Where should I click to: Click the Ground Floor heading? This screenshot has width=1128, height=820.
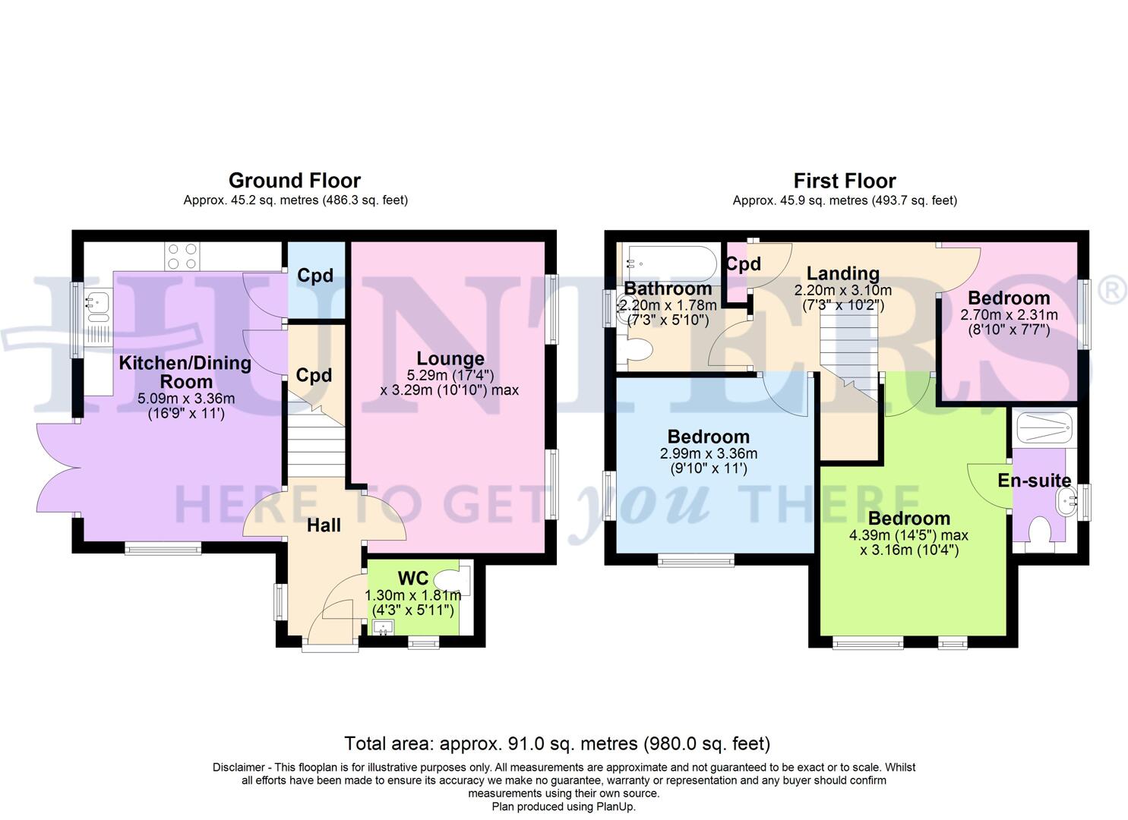point(294,181)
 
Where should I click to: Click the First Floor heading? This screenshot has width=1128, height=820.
point(844,181)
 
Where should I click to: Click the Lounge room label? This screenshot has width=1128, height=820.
point(450,358)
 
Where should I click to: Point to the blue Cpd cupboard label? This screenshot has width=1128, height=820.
point(315,276)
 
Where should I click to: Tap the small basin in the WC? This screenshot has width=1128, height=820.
point(383,627)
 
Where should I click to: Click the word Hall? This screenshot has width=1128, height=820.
point(324,525)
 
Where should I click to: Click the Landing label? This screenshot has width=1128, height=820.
point(842,273)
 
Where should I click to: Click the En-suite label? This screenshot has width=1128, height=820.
point(1034,481)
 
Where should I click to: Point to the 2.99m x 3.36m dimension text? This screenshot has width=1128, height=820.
point(708,454)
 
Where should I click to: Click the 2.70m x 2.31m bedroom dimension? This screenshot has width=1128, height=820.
point(1008,315)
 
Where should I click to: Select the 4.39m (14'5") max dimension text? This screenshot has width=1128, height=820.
point(908,535)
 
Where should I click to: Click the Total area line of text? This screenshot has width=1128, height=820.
point(557,743)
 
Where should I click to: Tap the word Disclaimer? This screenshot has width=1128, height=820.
point(239,768)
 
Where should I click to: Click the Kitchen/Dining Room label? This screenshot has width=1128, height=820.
point(185,372)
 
